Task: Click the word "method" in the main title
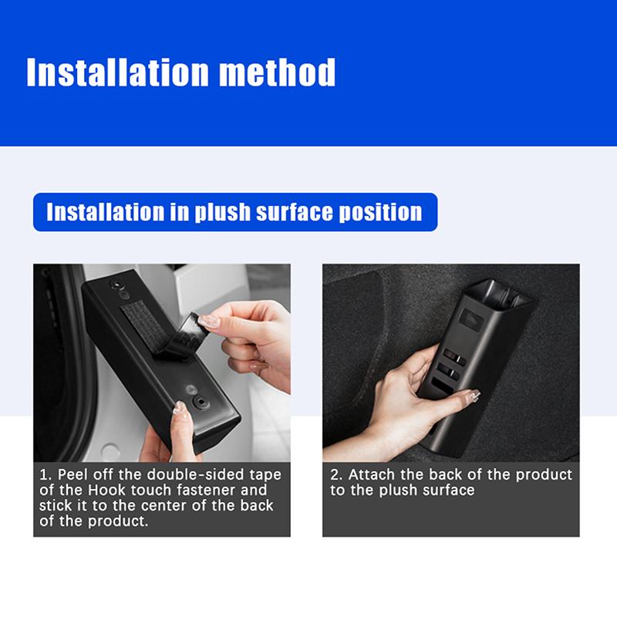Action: [x=277, y=72]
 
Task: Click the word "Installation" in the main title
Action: [x=117, y=72]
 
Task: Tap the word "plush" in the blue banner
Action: [x=223, y=213]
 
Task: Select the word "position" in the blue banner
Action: [x=380, y=212]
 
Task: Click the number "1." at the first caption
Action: [x=46, y=474]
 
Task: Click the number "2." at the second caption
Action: [x=336, y=474]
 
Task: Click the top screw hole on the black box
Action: [x=116, y=284]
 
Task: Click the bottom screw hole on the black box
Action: [x=201, y=402]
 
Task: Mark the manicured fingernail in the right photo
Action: [x=474, y=395]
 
